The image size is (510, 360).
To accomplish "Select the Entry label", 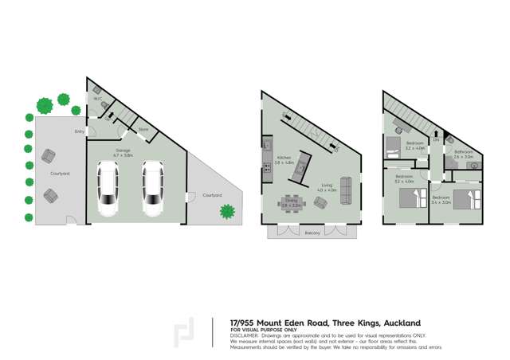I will click(79, 131).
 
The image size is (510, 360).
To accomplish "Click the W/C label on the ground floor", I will click(98, 99).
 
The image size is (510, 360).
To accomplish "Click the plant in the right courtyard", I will click(227, 211).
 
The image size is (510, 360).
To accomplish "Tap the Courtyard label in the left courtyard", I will click(60, 173).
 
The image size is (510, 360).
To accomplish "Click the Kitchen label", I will click(284, 158).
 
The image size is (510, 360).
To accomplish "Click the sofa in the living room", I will click(345, 186).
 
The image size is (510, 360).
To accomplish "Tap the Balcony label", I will click(312, 233).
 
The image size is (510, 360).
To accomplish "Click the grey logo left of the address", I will click(184, 332).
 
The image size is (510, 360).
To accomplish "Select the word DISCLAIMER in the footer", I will click(249, 335).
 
